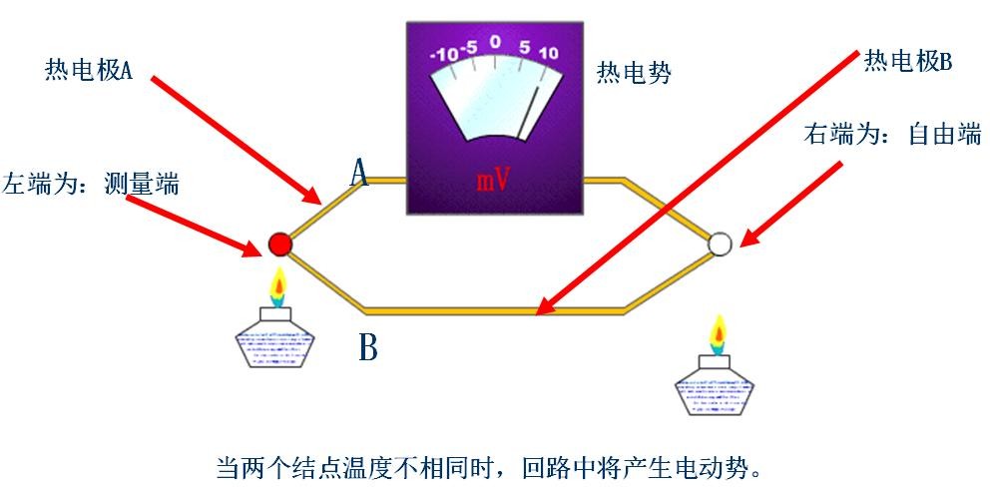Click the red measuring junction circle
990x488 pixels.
(x=280, y=244)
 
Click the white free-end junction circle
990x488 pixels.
(x=720, y=244)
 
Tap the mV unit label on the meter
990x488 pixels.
(x=493, y=180)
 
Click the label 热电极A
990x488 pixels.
(x=89, y=70)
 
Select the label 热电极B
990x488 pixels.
(x=908, y=62)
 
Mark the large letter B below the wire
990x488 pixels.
(x=368, y=348)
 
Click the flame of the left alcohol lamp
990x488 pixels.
(x=279, y=288)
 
